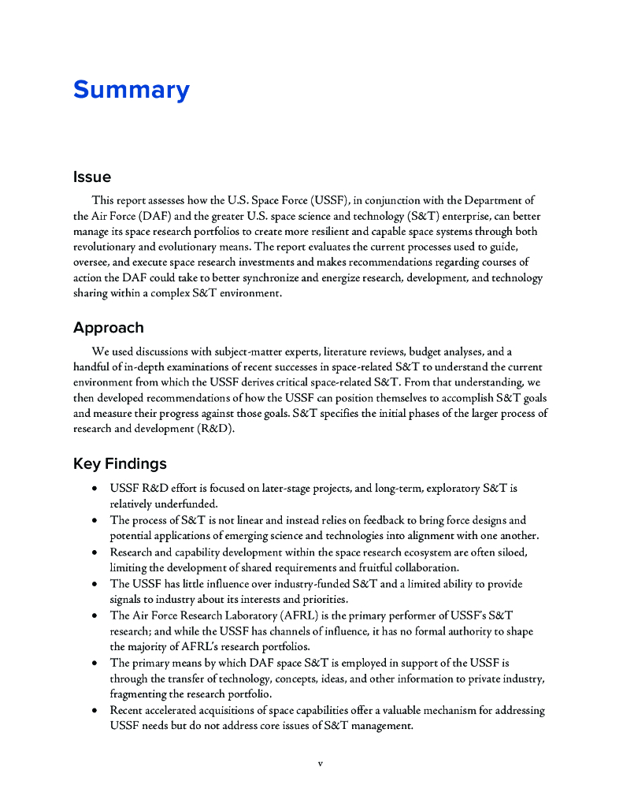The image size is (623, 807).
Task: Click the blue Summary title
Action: pos(131,90)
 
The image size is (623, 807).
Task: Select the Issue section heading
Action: pos(92,177)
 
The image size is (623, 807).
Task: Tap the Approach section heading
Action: pos(109,328)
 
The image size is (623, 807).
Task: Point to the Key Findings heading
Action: pos(120,463)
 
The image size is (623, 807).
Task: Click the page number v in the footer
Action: pos(320,763)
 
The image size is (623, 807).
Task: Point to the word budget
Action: pos(420,351)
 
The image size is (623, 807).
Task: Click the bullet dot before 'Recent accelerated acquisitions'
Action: pos(95,711)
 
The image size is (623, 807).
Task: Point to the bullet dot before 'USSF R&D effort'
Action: pos(95,489)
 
